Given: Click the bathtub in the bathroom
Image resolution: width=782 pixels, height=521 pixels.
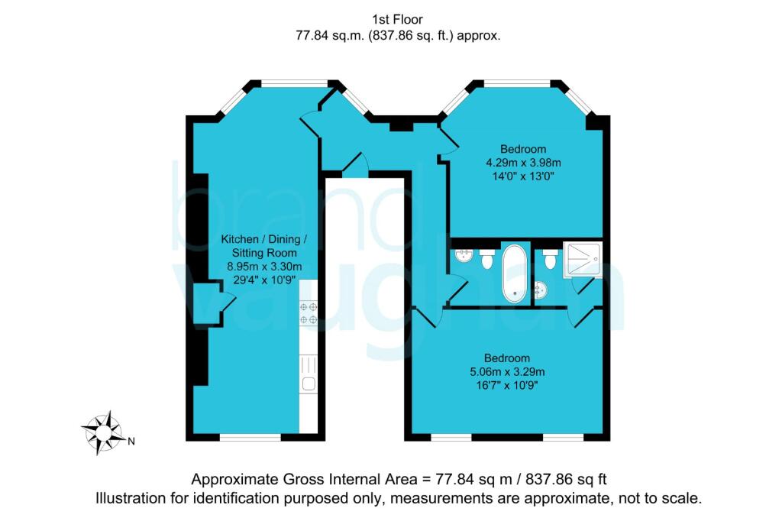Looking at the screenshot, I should coord(513,273).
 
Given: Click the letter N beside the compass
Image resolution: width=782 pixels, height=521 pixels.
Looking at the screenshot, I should coord(131,441).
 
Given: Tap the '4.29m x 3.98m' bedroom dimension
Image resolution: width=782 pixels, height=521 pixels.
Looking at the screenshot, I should coord(524,162).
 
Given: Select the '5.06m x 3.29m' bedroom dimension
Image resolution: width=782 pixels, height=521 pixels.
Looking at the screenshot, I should coord(507,372).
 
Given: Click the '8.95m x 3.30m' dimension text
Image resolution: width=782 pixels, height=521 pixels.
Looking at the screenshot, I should coord(259,267).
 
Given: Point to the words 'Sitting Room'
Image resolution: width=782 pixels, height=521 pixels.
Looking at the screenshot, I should coord(259,252).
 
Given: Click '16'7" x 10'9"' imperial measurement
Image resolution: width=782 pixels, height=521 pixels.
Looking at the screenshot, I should coord(507,386).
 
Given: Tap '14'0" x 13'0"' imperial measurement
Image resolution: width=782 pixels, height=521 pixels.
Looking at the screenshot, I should coord(524,176).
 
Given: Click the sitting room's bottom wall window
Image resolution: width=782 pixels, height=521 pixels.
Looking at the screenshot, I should coord(250,438).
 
